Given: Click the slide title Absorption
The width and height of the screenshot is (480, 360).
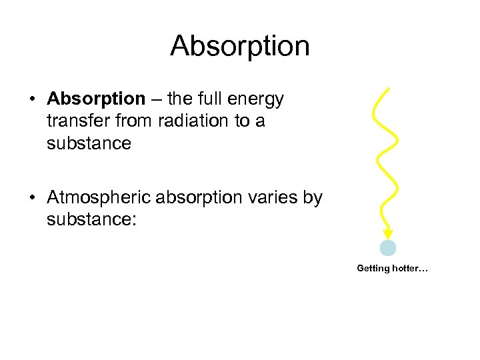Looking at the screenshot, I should tap(240, 46).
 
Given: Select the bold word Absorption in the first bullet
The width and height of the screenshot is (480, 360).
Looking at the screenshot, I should tap(96, 99).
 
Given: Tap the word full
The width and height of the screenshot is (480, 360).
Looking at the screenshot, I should tap(207, 99).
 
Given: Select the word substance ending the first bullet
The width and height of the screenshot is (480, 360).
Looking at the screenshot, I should tap(89, 143).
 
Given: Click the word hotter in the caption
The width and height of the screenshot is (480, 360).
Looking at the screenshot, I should tap(407, 269).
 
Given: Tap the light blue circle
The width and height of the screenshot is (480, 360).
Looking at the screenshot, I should tap(388, 248).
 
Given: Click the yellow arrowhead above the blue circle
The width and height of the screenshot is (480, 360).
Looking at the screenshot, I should tap(387, 234).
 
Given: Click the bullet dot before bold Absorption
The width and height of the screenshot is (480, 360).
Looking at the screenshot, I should tap(32, 100).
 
